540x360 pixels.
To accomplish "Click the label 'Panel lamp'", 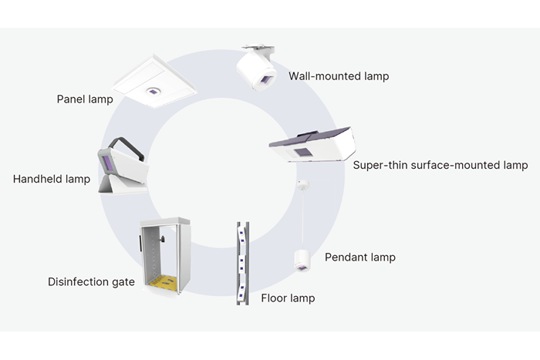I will pyautogui.click(x=85, y=99).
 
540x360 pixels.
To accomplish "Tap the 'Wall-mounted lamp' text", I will pyautogui.click(x=339, y=76).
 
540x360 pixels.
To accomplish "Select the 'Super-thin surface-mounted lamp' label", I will pyautogui.click(x=440, y=165).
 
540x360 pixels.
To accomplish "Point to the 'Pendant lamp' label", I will pyautogui.click(x=359, y=257).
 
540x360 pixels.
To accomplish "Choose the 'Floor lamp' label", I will pyautogui.click(x=288, y=298).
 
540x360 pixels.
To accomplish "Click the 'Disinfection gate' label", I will pyautogui.click(x=91, y=282).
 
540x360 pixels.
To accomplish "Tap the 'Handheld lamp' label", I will pyautogui.click(x=52, y=180).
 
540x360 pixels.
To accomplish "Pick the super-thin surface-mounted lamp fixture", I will pyautogui.click(x=312, y=145).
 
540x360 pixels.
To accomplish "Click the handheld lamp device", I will pyautogui.click(x=121, y=167).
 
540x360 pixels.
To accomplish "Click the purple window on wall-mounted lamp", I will pyautogui.click(x=267, y=79).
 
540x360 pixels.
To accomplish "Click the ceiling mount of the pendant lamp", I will pyautogui.click(x=302, y=185).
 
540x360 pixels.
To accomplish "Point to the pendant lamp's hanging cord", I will pyautogui.click(x=302, y=220).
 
